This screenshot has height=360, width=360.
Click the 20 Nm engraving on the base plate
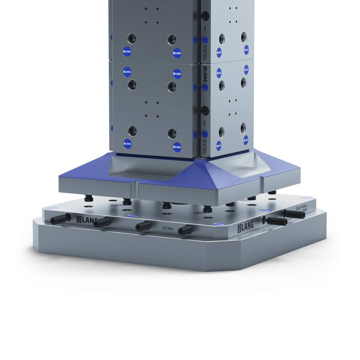click(168, 228)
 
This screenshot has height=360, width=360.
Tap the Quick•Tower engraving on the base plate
click(301, 207)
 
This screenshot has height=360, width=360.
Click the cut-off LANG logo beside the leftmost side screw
click(87, 220)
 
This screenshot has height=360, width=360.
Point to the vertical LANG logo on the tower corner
click(205, 74)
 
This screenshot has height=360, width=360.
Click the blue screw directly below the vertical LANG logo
click(205, 87)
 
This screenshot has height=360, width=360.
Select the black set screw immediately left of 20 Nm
click(143, 226)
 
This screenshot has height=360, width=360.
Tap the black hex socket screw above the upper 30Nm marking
click(205, 16)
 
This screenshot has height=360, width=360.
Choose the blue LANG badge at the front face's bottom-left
click(127, 143)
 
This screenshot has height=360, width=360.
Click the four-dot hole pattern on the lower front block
click(152, 109)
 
